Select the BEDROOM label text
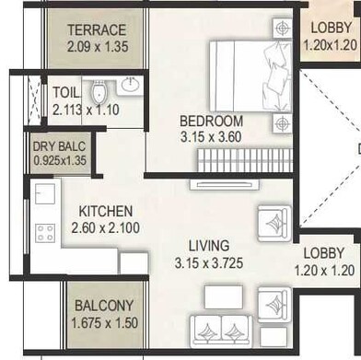pyautogui.click(x=211, y=122)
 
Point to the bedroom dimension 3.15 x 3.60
pyautogui.click(x=211, y=137)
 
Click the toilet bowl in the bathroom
pyautogui.click(x=99, y=91)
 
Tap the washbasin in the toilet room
pyautogui.click(x=130, y=86)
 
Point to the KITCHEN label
pyautogui.click(x=105, y=212)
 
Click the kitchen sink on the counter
pyautogui.click(x=44, y=194)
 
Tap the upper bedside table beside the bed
pyautogui.click(x=280, y=29)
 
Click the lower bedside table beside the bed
pyautogui.click(x=280, y=123)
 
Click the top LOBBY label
pyautogui.click(x=329, y=28)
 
